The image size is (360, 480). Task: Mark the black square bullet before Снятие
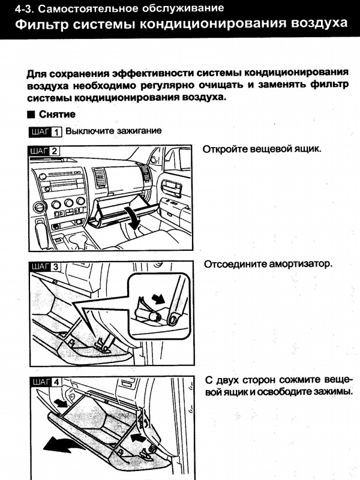click(31, 114)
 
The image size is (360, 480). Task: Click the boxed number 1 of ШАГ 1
click(56, 131)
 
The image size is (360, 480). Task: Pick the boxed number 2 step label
click(55, 151)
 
